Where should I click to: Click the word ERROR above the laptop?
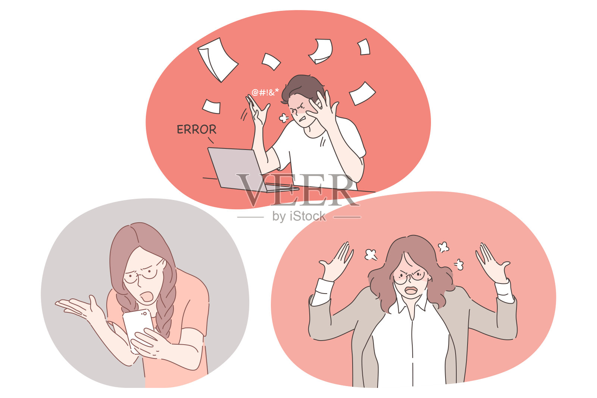pos(196,129)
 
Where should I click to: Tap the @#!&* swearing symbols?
pos(265,92)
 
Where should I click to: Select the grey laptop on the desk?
pos(248,170)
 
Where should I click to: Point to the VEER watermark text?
pos(298,190)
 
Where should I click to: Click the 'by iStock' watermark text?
pos(299,216)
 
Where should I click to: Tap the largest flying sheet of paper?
pos(218,60)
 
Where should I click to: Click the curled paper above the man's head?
pos(321,51)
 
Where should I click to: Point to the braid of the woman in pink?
pos(165,314)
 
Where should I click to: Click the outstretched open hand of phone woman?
pos(80,307)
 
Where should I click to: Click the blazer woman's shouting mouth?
pos(411,290)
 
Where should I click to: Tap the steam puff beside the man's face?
pos(284,118)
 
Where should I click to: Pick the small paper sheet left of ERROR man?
pos(212,107)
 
